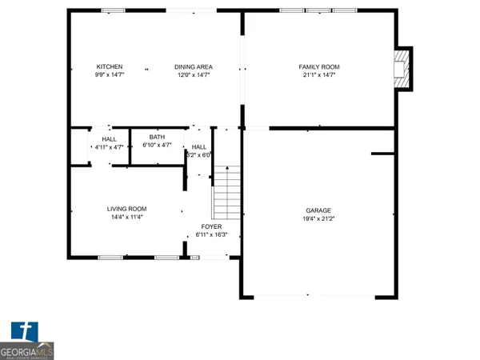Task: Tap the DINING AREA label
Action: pyautogui.click(x=194, y=66)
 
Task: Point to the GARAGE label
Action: pyautogui.click(x=318, y=210)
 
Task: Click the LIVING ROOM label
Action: pyautogui.click(x=127, y=209)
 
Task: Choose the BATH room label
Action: pyautogui.click(x=156, y=138)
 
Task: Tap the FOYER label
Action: pyautogui.click(x=211, y=227)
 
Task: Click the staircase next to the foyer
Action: pyautogui.click(x=226, y=194)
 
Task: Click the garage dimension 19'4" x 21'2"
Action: pyautogui.click(x=318, y=218)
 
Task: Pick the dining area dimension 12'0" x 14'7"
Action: pyautogui.click(x=194, y=74)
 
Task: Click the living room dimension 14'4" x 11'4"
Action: pyautogui.click(x=127, y=217)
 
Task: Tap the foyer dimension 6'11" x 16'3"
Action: pyautogui.click(x=211, y=235)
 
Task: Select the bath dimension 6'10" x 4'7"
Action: pyautogui.click(x=157, y=146)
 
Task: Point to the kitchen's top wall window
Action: pyautogui.click(x=113, y=11)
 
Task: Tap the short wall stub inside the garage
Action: pyautogui.click(x=383, y=152)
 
